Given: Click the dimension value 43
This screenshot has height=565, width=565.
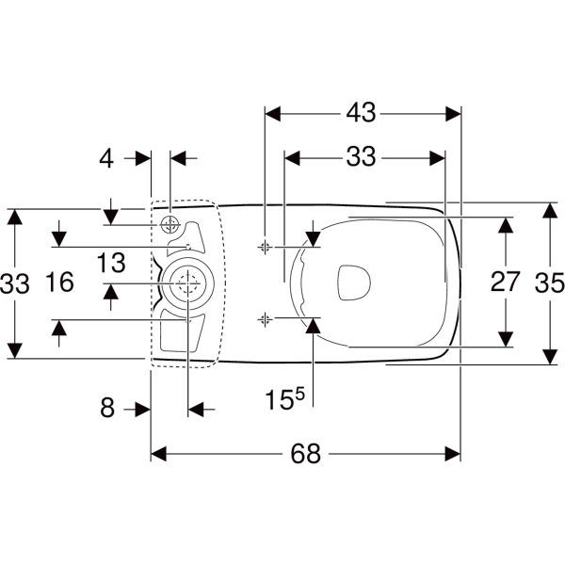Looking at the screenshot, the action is coord(361,112).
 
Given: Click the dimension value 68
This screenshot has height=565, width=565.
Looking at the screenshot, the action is coord(305,454).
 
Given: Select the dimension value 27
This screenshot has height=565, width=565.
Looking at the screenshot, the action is coord(505,282).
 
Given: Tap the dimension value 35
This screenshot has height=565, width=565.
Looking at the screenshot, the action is coord(550,282).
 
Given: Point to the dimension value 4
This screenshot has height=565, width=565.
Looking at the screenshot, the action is coord(106,158).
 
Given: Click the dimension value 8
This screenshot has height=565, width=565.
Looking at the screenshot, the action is coord(107,409).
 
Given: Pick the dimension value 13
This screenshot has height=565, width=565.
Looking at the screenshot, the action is coord(111,263).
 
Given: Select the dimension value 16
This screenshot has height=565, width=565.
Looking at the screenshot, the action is coord(60,282).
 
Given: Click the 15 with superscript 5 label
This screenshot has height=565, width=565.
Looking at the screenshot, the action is coord(284,398).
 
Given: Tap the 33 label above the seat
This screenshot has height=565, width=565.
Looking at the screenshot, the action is coord(361,156).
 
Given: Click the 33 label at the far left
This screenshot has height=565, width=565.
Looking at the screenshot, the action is coord(14,283).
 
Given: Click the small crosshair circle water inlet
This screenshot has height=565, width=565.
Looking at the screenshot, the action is coord(169,225).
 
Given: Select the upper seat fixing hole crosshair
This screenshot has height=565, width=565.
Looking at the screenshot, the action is coord(265,247).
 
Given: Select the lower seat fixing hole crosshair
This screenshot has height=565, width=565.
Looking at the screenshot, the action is coord(265,319).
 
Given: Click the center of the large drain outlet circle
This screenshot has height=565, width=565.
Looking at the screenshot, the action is coord(187,283).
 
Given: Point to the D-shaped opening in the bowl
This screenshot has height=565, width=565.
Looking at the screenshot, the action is coord(354,282).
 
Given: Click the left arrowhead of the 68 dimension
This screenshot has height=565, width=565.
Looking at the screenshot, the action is coord(158,454).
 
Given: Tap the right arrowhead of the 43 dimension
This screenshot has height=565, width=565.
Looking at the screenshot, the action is coord(453,114).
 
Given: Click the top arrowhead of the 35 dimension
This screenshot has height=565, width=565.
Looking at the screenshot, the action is coord(550,210).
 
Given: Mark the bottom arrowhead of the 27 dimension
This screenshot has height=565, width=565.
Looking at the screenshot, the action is coord(506,339).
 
